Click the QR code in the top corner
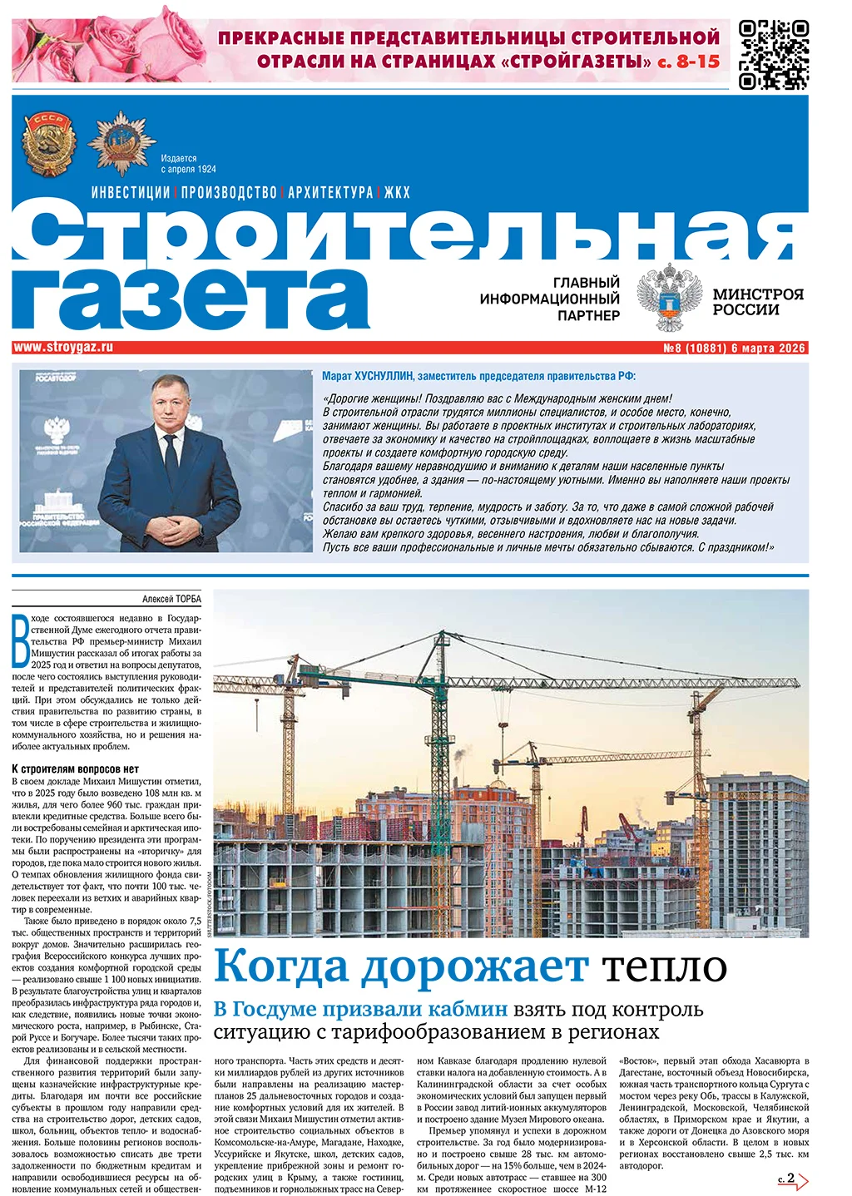click(x=773, y=53)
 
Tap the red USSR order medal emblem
click(x=48, y=144)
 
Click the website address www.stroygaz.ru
click(x=63, y=348)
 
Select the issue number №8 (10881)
click(x=695, y=348)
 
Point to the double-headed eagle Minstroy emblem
click(x=669, y=297)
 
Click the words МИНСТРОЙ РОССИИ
click(x=757, y=302)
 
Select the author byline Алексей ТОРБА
click(x=171, y=599)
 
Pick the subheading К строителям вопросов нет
click(x=75, y=769)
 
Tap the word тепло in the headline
click(x=664, y=966)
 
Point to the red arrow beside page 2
click(x=803, y=1180)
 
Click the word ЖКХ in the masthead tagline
click(x=397, y=192)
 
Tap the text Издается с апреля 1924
click(x=188, y=164)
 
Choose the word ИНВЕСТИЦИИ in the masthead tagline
click(x=131, y=192)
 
